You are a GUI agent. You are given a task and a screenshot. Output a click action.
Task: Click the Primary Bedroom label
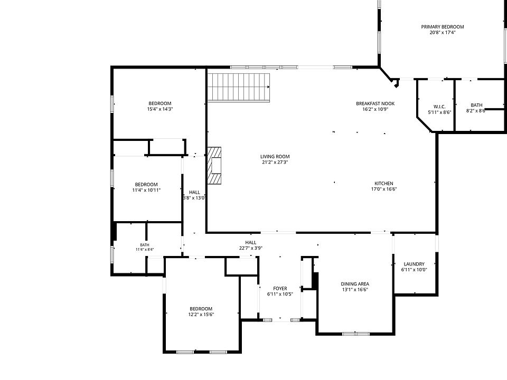point(443,27)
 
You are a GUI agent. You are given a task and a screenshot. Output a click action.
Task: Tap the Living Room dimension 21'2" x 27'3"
point(275,162)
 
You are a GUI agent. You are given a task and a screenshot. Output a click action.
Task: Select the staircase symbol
point(239,88)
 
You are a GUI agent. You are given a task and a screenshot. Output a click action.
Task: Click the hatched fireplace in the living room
point(214,165)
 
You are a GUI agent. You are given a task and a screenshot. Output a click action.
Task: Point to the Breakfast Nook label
point(375,104)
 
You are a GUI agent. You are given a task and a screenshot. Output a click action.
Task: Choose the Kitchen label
point(384,184)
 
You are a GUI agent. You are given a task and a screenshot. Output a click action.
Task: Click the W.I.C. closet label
point(439,107)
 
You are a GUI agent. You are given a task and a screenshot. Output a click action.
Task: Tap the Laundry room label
point(414,264)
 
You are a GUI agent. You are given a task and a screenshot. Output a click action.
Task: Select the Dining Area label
point(355,284)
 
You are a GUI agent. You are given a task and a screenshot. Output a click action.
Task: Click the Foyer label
point(280,289)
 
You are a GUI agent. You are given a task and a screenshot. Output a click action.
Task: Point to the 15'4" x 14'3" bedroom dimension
point(160,109)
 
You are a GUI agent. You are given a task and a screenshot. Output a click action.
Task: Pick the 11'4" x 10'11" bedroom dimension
point(146,191)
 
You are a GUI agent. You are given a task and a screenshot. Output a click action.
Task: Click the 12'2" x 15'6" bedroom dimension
point(201,315)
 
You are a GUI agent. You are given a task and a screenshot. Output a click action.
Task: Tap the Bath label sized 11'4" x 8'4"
point(145,245)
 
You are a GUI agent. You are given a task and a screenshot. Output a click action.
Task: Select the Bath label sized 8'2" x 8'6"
point(476,105)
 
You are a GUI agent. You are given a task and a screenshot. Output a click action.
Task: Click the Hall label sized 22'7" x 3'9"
point(250,242)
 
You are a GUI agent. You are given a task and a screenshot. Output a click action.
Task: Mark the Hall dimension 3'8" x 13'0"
point(194,198)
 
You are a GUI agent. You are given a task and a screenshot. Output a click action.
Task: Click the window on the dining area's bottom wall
point(356,334)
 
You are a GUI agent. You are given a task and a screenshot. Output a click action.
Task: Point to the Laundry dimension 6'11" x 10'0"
point(414,270)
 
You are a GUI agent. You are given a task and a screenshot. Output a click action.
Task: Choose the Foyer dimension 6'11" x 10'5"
point(280,294)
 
